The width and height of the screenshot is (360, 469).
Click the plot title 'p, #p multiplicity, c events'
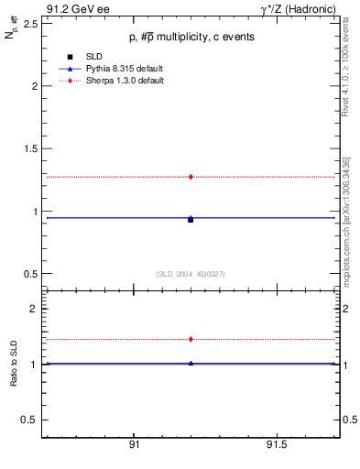191,37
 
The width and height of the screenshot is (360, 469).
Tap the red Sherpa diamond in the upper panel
191,176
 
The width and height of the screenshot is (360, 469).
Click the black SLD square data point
191,220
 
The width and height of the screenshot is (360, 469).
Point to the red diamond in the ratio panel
191,339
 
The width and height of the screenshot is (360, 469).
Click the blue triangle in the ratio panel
191,363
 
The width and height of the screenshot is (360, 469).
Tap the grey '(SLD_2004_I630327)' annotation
191,274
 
